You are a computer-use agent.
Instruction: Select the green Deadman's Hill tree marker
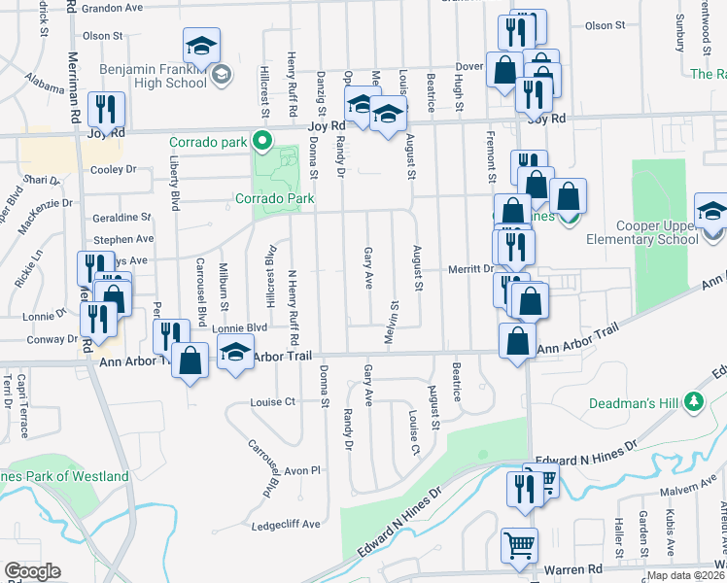693,400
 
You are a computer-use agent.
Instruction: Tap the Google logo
32,571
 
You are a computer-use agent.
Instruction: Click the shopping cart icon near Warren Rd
519,545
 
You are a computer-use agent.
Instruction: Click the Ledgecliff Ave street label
289,524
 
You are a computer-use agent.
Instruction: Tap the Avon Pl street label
301,470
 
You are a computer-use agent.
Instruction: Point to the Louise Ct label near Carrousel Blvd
272,401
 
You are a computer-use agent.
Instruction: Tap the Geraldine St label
121,218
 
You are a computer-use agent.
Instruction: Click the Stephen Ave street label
123,239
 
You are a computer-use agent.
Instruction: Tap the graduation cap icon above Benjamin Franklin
202,45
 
